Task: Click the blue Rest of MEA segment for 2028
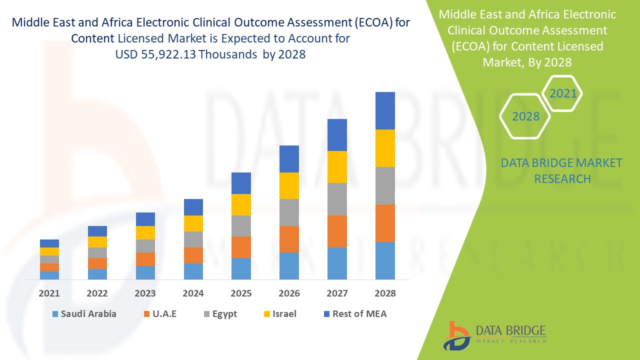click(x=385, y=110)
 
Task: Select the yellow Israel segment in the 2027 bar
click(x=337, y=167)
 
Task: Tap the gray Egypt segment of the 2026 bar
click(x=289, y=212)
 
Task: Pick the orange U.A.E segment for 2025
click(x=241, y=247)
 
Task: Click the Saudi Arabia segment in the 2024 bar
click(x=193, y=271)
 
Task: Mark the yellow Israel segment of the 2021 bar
click(x=49, y=251)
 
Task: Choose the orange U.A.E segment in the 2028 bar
click(x=385, y=223)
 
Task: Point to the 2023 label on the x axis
click(x=145, y=293)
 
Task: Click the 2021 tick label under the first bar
click(x=49, y=293)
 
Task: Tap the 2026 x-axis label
click(x=289, y=293)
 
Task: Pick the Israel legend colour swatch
click(x=267, y=314)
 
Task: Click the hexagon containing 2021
click(x=563, y=93)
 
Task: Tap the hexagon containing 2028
click(x=525, y=116)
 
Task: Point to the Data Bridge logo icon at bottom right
click(x=456, y=335)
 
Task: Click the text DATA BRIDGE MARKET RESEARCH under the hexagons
click(x=562, y=170)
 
